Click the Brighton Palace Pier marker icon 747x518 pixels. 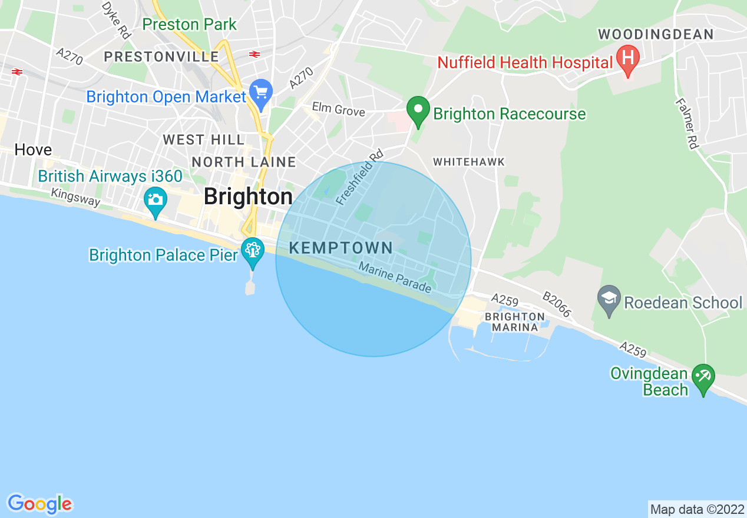[x=253, y=251]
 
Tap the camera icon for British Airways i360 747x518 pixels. [x=156, y=200]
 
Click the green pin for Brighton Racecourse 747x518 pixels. [x=418, y=111]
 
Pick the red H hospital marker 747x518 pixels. [x=628, y=59]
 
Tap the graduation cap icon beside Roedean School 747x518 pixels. [x=609, y=299]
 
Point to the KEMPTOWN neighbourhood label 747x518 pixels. [x=341, y=248]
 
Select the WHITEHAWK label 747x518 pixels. [x=468, y=162]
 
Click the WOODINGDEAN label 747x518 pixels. [x=656, y=35]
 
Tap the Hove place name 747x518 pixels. [x=33, y=150]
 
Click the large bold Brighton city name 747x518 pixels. [x=248, y=197]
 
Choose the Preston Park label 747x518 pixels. [x=189, y=25]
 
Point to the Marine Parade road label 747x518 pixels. [x=395, y=277]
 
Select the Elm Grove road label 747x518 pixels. [x=338, y=110]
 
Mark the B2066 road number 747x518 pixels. [x=557, y=304]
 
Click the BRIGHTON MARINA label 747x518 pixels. [x=515, y=322]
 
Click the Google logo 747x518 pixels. [x=39, y=504]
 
